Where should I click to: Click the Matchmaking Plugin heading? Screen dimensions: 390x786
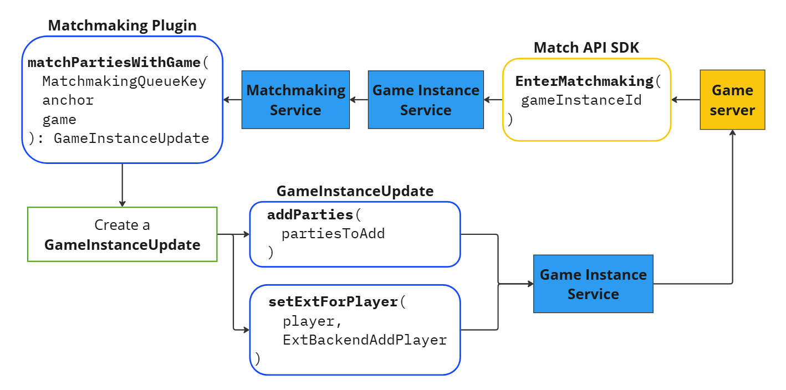(122, 25)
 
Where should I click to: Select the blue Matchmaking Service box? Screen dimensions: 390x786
(295, 100)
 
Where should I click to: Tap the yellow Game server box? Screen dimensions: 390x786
(732, 100)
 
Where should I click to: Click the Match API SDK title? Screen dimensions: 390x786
(586, 48)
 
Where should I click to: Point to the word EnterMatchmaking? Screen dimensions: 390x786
(584, 81)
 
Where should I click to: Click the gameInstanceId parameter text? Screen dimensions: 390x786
(581, 100)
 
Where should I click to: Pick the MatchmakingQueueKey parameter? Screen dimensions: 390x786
(124, 81)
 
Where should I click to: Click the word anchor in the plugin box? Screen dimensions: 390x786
(68, 100)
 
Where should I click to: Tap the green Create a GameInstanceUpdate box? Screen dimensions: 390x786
(122, 234)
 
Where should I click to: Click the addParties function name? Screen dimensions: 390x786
(310, 214)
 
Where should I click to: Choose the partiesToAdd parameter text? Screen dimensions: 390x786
(333, 233)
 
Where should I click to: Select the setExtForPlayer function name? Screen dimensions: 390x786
(333, 302)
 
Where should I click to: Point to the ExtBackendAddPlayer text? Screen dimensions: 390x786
(365, 340)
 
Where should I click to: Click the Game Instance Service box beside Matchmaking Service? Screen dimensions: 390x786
(426, 100)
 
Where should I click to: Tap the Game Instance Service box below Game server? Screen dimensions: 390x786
(593, 284)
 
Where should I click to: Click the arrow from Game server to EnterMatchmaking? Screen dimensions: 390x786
(685, 100)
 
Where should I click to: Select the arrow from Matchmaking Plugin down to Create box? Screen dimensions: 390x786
(122, 185)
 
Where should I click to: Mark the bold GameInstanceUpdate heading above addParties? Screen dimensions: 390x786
(355, 191)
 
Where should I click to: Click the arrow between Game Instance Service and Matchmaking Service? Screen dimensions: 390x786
(359, 100)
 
